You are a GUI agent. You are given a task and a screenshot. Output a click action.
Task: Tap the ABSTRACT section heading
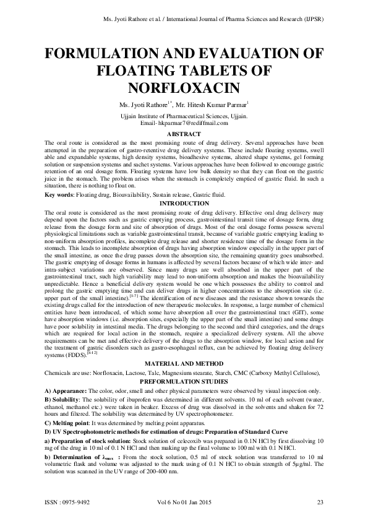184,134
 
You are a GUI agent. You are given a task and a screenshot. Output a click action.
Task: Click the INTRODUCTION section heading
184,204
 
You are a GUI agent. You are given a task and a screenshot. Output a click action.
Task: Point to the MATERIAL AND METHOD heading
184,366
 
